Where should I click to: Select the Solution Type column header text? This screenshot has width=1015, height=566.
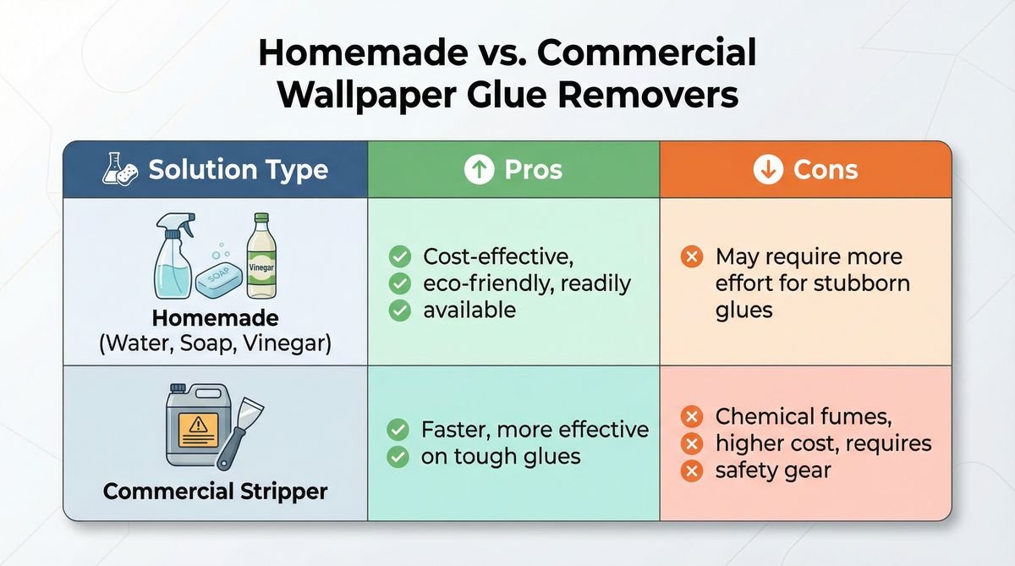(x=238, y=169)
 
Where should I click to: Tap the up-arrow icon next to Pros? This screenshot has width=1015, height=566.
(x=479, y=170)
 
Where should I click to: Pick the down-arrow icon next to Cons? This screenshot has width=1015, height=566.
(x=767, y=170)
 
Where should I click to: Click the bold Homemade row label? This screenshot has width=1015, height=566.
(x=215, y=320)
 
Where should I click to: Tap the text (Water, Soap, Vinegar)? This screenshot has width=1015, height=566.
(x=215, y=345)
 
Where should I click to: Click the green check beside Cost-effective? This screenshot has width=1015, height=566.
(x=398, y=256)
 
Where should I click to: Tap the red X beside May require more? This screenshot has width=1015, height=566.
(x=692, y=256)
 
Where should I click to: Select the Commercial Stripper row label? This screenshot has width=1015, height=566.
(x=215, y=491)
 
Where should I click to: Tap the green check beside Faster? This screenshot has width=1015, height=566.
(x=398, y=430)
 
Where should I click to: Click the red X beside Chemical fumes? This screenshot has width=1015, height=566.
(x=692, y=416)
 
